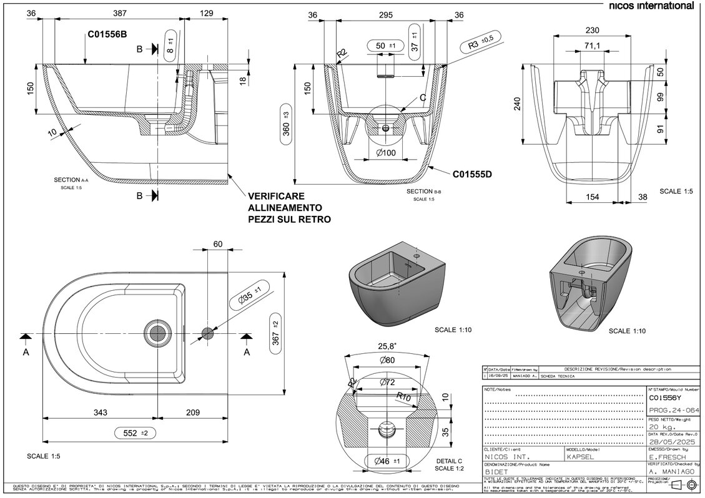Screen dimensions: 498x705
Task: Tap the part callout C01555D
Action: point(473,175)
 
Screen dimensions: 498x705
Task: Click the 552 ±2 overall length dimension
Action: point(135,432)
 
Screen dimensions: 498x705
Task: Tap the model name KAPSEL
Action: point(581,456)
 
